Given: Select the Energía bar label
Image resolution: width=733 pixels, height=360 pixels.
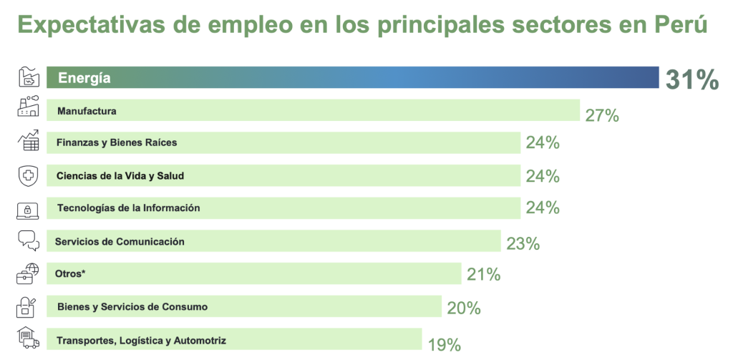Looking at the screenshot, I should pos(84,78).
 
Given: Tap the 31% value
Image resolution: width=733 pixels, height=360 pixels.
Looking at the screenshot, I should pos(691,79).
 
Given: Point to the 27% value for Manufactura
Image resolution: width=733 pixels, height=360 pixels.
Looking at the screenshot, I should pos(601,115).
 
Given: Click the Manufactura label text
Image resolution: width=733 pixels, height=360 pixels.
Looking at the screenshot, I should pos(87,111).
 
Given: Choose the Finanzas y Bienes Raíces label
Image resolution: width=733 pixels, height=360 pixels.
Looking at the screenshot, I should pos(117,142).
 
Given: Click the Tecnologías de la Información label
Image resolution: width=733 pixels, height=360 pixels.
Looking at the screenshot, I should pos(128,208).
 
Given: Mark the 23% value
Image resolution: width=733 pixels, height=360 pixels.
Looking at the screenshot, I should pos(522,243).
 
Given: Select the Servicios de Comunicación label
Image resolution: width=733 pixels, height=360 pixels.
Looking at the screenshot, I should pos(120,241).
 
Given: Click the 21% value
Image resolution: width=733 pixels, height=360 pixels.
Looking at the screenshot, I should pos(483,274).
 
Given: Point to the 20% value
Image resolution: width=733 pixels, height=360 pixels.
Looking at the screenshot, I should pos(463,308).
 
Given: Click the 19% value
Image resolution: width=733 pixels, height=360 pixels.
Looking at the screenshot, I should pos(444,345).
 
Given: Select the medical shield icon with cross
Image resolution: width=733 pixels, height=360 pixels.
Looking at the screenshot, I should pos(26,175).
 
